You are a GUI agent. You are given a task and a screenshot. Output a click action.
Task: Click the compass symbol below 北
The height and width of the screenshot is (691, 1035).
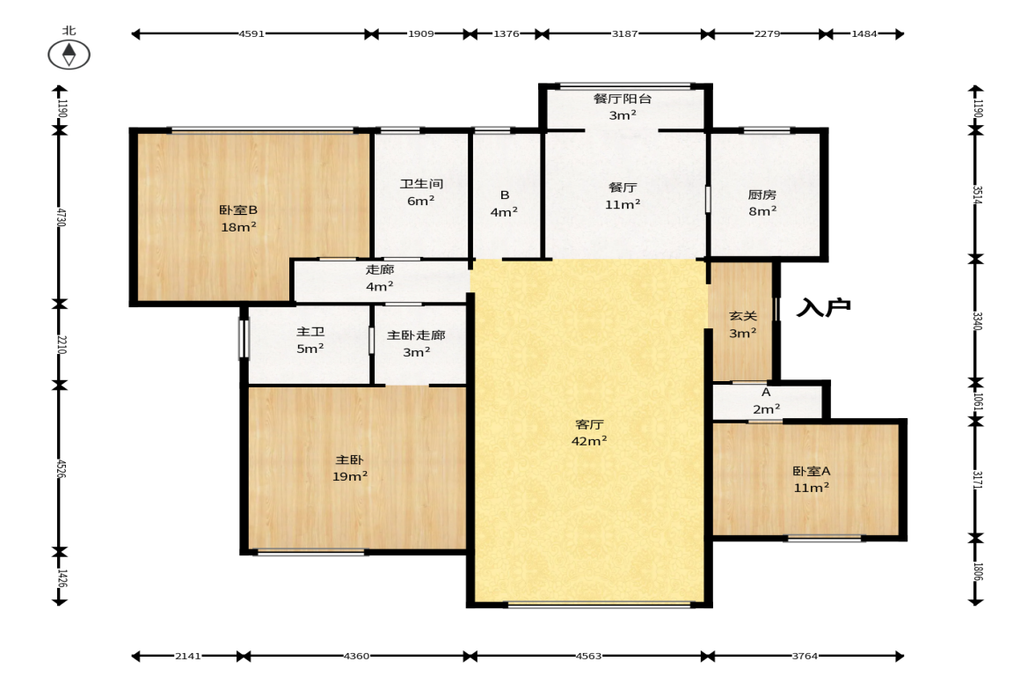[x=69, y=55]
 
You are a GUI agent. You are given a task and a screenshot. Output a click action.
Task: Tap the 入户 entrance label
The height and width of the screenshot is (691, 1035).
[x=823, y=307]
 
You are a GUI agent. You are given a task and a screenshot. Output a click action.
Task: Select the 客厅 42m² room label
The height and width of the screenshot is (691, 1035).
[x=589, y=432]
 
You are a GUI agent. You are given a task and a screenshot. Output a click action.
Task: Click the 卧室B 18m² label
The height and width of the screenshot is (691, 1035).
[x=238, y=218]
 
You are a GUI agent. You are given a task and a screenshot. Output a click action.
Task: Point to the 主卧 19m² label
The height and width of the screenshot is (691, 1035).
[x=350, y=467]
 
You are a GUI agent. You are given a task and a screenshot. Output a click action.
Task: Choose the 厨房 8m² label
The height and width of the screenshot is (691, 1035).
[x=762, y=202]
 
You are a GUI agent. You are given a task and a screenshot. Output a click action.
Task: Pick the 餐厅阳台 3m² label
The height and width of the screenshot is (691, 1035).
[x=623, y=107]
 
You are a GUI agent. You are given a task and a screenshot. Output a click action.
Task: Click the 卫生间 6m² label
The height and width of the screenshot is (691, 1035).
[x=421, y=192]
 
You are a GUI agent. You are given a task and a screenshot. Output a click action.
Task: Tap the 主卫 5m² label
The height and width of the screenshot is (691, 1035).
[x=310, y=340]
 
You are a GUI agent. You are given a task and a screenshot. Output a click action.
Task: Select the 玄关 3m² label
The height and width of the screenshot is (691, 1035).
[x=742, y=324]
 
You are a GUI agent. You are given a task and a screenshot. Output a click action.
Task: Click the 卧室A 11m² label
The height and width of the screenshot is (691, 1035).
[x=812, y=479]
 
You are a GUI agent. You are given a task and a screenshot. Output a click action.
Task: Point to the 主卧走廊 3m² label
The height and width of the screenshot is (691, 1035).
[x=416, y=343]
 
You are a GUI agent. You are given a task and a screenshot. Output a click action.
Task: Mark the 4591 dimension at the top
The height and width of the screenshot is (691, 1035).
[x=251, y=33]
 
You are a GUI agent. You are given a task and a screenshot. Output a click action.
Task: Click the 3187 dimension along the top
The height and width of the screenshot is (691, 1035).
[x=624, y=33]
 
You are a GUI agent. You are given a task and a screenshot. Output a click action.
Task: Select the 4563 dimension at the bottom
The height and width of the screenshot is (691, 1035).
[x=588, y=656]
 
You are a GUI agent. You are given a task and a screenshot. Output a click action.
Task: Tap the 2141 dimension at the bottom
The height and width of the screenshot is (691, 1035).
[x=187, y=656]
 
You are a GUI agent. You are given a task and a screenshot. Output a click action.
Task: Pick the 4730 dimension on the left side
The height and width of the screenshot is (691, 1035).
[x=61, y=217]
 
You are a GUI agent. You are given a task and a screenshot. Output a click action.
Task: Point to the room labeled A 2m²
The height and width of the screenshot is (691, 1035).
[x=766, y=401]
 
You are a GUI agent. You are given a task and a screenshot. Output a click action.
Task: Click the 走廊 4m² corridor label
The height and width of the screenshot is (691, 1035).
[x=380, y=277]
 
